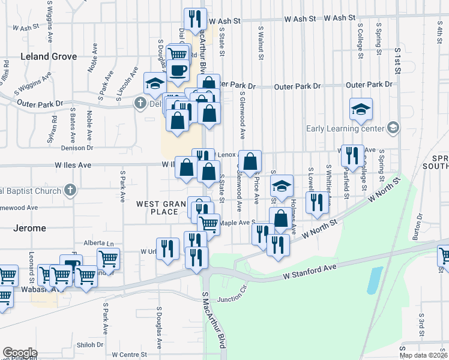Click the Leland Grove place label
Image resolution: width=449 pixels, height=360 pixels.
coord(49,56)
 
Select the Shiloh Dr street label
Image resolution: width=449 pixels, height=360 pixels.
coord(90,344)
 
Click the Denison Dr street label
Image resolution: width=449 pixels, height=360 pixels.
coord(77,147)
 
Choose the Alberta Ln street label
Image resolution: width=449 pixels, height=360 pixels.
coord(100,244)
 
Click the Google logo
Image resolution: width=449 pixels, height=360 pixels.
coord(19,353)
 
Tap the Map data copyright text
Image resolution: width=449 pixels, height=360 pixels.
coord(423,355)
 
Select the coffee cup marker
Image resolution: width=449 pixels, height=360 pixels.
coord(179,70)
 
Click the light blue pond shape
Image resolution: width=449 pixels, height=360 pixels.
coord(374,280)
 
